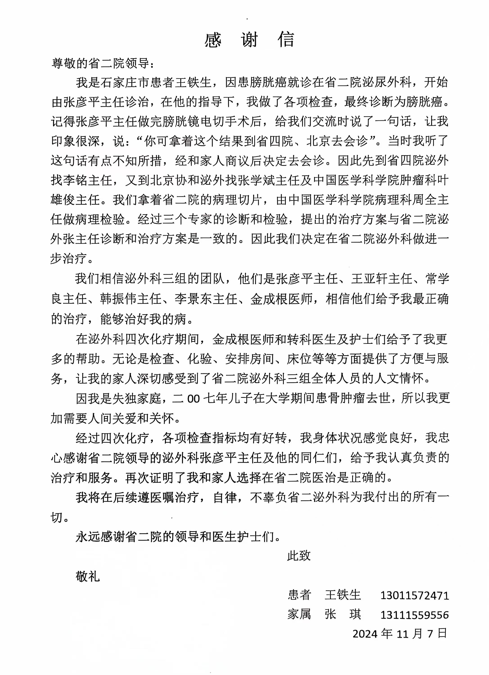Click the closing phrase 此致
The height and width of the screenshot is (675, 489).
(299, 555)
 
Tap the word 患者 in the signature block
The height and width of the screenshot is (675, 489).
(299, 595)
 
